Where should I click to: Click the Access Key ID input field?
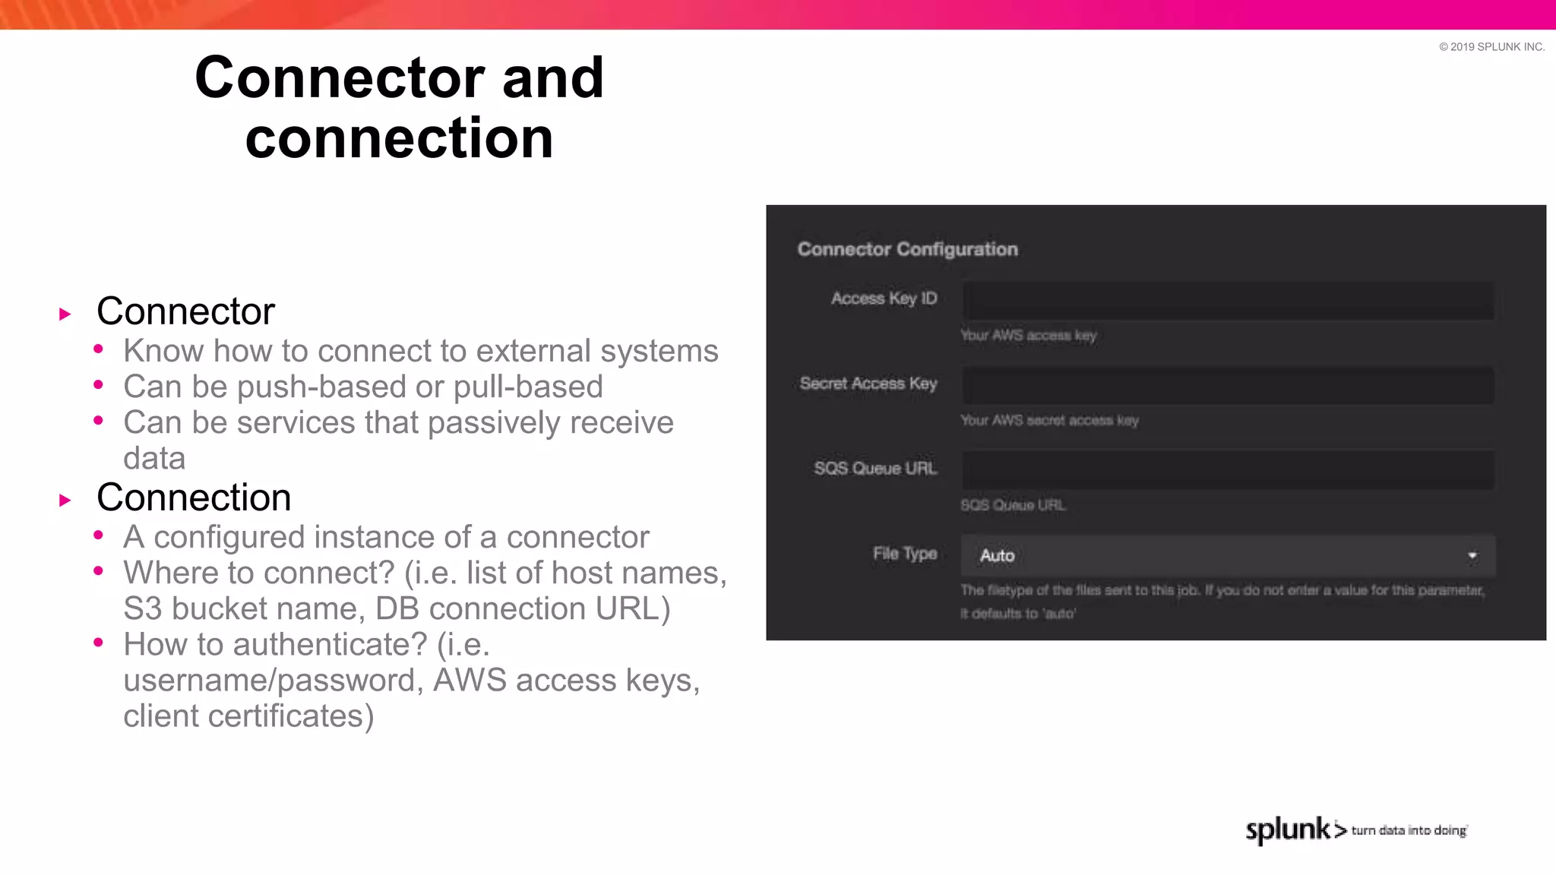pyautogui.click(x=1228, y=301)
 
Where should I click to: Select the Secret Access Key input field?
pyautogui.click(x=1228, y=386)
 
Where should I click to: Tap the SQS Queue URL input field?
pyautogui.click(x=1228, y=470)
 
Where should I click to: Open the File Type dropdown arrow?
pyautogui.click(x=1472, y=556)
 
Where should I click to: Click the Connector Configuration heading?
pyautogui.click(x=907, y=249)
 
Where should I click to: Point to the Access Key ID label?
pyautogui.click(x=884, y=299)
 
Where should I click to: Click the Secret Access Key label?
pyautogui.click(x=868, y=384)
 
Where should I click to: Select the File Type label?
pyautogui.click(x=904, y=554)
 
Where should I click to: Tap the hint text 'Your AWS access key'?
pyautogui.click(x=1028, y=336)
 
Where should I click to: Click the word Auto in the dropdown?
pyautogui.click(x=997, y=556)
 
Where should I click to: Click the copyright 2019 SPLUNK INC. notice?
pyautogui.click(x=1491, y=47)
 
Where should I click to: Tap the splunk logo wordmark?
pyautogui.click(x=1288, y=829)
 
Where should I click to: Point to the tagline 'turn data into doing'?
pyautogui.click(x=1409, y=831)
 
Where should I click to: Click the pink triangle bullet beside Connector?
pyautogui.click(x=65, y=314)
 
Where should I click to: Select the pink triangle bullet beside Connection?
pyautogui.click(x=65, y=501)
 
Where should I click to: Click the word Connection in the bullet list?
pyautogui.click(x=194, y=498)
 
